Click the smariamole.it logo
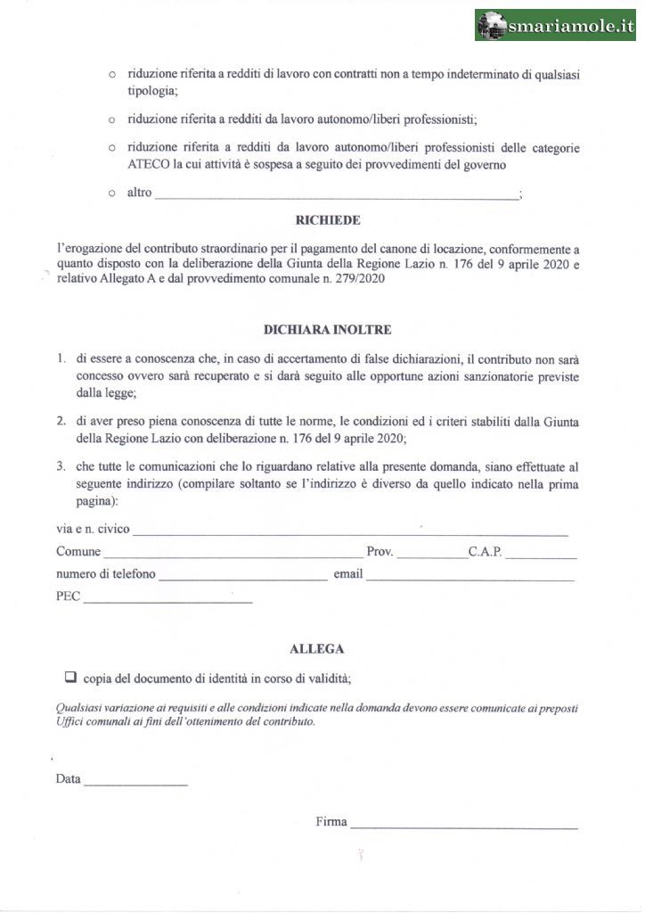click(555, 26)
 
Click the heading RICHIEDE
click(328, 220)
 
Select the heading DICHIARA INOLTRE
click(327, 329)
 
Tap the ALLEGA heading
click(317, 649)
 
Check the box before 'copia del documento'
click(70, 676)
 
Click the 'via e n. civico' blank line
click(349, 532)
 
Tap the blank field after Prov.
click(430, 555)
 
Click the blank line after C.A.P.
click(541, 555)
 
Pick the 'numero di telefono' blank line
click(242, 577)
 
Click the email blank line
click(469, 577)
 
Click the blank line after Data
click(135, 782)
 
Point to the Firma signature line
click(463, 825)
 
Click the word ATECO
click(148, 164)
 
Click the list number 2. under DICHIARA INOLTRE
click(60, 420)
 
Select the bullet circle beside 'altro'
click(112, 193)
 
